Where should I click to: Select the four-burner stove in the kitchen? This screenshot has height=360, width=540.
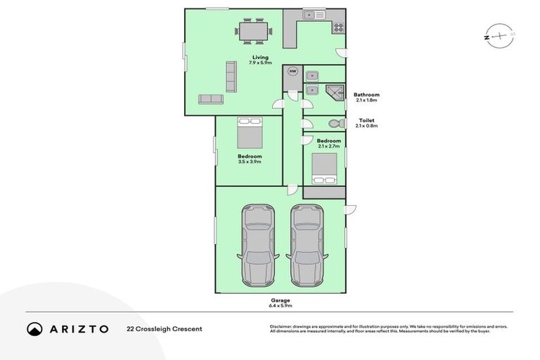click(x=338, y=28)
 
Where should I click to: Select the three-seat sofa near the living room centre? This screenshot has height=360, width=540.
click(x=229, y=76)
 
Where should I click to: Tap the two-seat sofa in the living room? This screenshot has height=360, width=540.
click(x=210, y=99)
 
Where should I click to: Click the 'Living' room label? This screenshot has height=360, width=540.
click(x=261, y=58)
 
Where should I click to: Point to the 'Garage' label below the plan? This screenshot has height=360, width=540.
click(x=280, y=300)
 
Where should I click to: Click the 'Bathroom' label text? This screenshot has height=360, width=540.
click(x=366, y=95)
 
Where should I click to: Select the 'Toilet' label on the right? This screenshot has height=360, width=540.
click(x=366, y=120)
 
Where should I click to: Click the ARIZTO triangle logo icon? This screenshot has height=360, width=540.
click(x=34, y=329)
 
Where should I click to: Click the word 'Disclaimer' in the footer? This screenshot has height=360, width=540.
click(x=281, y=327)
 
